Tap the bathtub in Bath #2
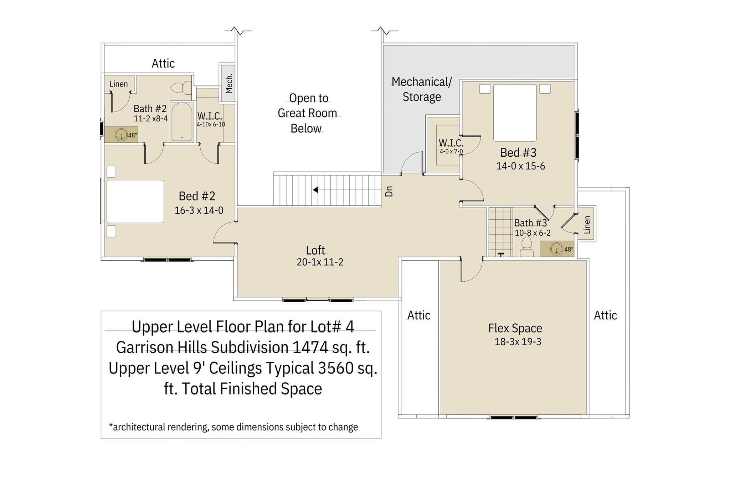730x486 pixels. click(182, 122)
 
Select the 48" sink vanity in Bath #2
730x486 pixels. click(121, 135)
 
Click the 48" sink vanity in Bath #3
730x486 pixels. click(557, 249)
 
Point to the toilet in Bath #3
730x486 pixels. click(526, 247)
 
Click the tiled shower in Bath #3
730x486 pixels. click(500, 231)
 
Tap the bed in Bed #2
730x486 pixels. click(135, 202)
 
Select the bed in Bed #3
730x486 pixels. click(515, 113)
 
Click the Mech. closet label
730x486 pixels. click(229, 84)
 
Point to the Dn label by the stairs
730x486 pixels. click(389, 191)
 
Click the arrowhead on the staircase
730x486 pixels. click(315, 190)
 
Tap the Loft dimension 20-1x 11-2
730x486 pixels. click(320, 262)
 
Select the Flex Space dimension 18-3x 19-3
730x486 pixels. click(518, 342)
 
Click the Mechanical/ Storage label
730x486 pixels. click(422, 89)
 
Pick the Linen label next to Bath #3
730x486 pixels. click(587, 225)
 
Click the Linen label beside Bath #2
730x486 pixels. click(118, 84)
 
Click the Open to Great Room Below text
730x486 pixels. click(307, 113)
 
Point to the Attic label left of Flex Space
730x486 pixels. click(419, 315)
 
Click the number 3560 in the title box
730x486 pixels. click(335, 368)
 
